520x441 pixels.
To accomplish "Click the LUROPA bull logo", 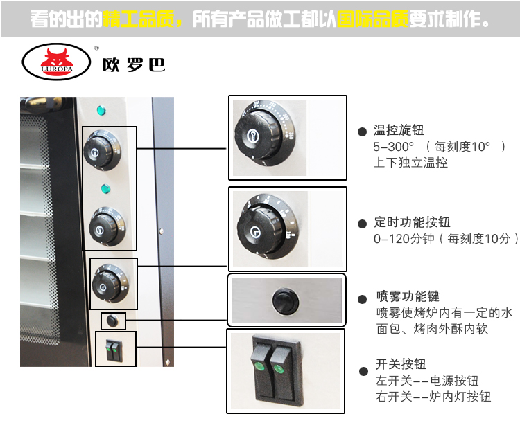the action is (x=57, y=62).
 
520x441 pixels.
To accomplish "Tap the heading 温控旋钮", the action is (x=399, y=130).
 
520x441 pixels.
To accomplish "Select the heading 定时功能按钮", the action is (x=412, y=222).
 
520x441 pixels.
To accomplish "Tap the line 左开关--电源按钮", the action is (x=426, y=381).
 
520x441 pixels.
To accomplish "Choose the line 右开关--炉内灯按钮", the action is (x=433, y=397).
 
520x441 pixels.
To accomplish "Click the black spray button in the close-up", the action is (x=283, y=302).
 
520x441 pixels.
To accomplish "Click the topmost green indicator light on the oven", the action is (x=101, y=110).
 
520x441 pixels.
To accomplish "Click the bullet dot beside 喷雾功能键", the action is (x=361, y=299).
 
